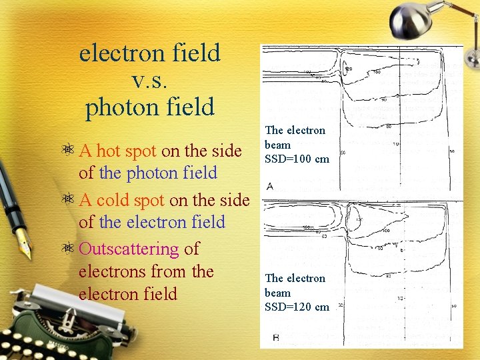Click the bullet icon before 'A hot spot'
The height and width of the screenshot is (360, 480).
click(69, 151)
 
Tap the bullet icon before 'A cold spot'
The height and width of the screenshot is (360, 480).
click(69, 201)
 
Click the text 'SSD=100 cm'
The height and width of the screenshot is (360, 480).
click(297, 159)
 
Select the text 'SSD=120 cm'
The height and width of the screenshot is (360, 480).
click(297, 307)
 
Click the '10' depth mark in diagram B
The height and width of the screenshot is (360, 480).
click(400, 298)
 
